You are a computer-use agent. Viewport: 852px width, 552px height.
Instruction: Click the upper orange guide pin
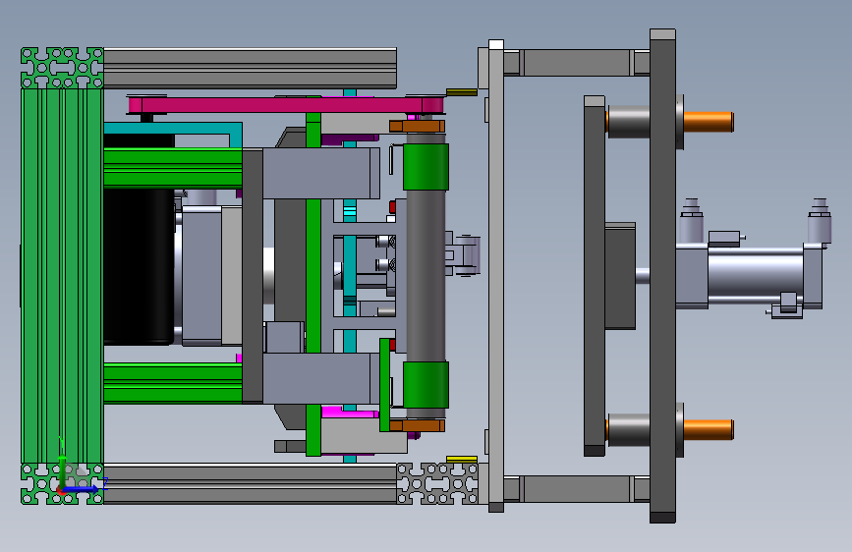pos(708,121)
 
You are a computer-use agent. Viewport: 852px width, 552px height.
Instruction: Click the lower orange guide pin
pos(708,429)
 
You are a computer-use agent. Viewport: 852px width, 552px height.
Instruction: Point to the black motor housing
pos(138,265)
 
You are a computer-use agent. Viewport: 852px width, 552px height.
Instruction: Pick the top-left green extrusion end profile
pos(62,68)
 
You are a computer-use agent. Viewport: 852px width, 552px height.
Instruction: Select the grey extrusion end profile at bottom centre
pos(437,484)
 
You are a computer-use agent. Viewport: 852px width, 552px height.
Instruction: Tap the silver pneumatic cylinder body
pos(752,277)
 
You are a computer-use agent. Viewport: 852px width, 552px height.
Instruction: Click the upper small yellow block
pos(462,92)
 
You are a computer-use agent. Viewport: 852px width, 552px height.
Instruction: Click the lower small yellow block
pos(462,459)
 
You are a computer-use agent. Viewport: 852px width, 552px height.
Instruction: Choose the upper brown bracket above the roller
pos(418,125)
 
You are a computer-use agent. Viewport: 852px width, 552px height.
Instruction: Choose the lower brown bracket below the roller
pos(418,425)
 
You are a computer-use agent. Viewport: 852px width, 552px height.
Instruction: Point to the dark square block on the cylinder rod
pos(619,275)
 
